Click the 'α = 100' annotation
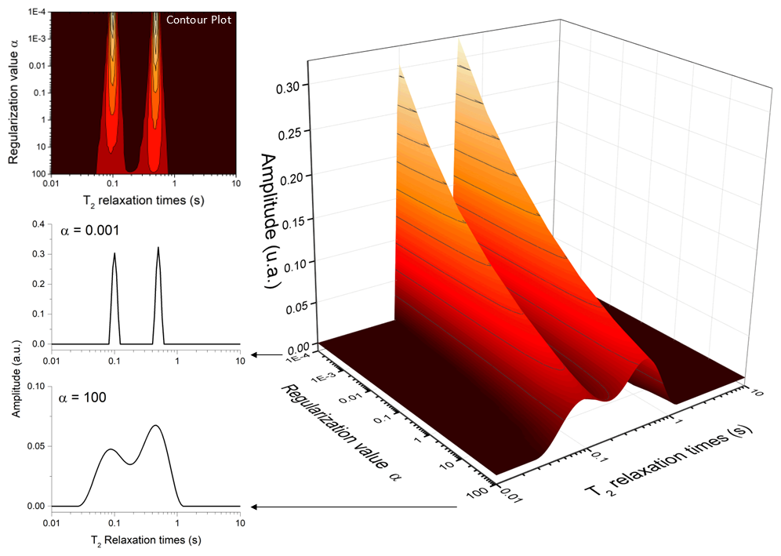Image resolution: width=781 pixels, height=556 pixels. [x=82, y=398]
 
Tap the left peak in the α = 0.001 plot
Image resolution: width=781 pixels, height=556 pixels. [x=114, y=255]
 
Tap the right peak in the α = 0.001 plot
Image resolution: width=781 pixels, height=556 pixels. [x=158, y=249]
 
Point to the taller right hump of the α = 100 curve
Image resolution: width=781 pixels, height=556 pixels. [x=156, y=426]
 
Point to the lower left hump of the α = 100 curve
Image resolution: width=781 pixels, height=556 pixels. [x=111, y=449]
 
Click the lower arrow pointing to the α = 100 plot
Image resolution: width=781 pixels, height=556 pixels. [x=353, y=507]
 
